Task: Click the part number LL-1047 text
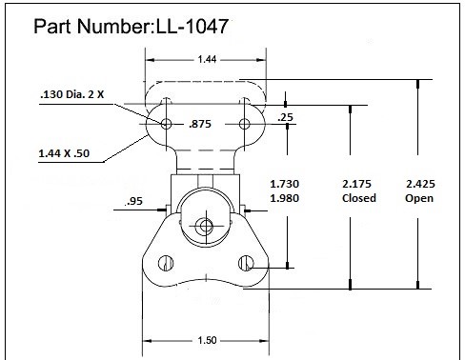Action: click(192, 26)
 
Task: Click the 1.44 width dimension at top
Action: click(207, 59)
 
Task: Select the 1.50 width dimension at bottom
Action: click(207, 340)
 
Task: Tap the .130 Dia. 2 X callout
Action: click(72, 94)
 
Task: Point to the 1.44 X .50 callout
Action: click(64, 153)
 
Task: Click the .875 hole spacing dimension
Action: click(200, 124)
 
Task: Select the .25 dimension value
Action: click(285, 117)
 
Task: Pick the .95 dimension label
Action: click(134, 201)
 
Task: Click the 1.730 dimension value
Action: click(285, 184)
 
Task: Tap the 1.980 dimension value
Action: click(285, 198)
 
